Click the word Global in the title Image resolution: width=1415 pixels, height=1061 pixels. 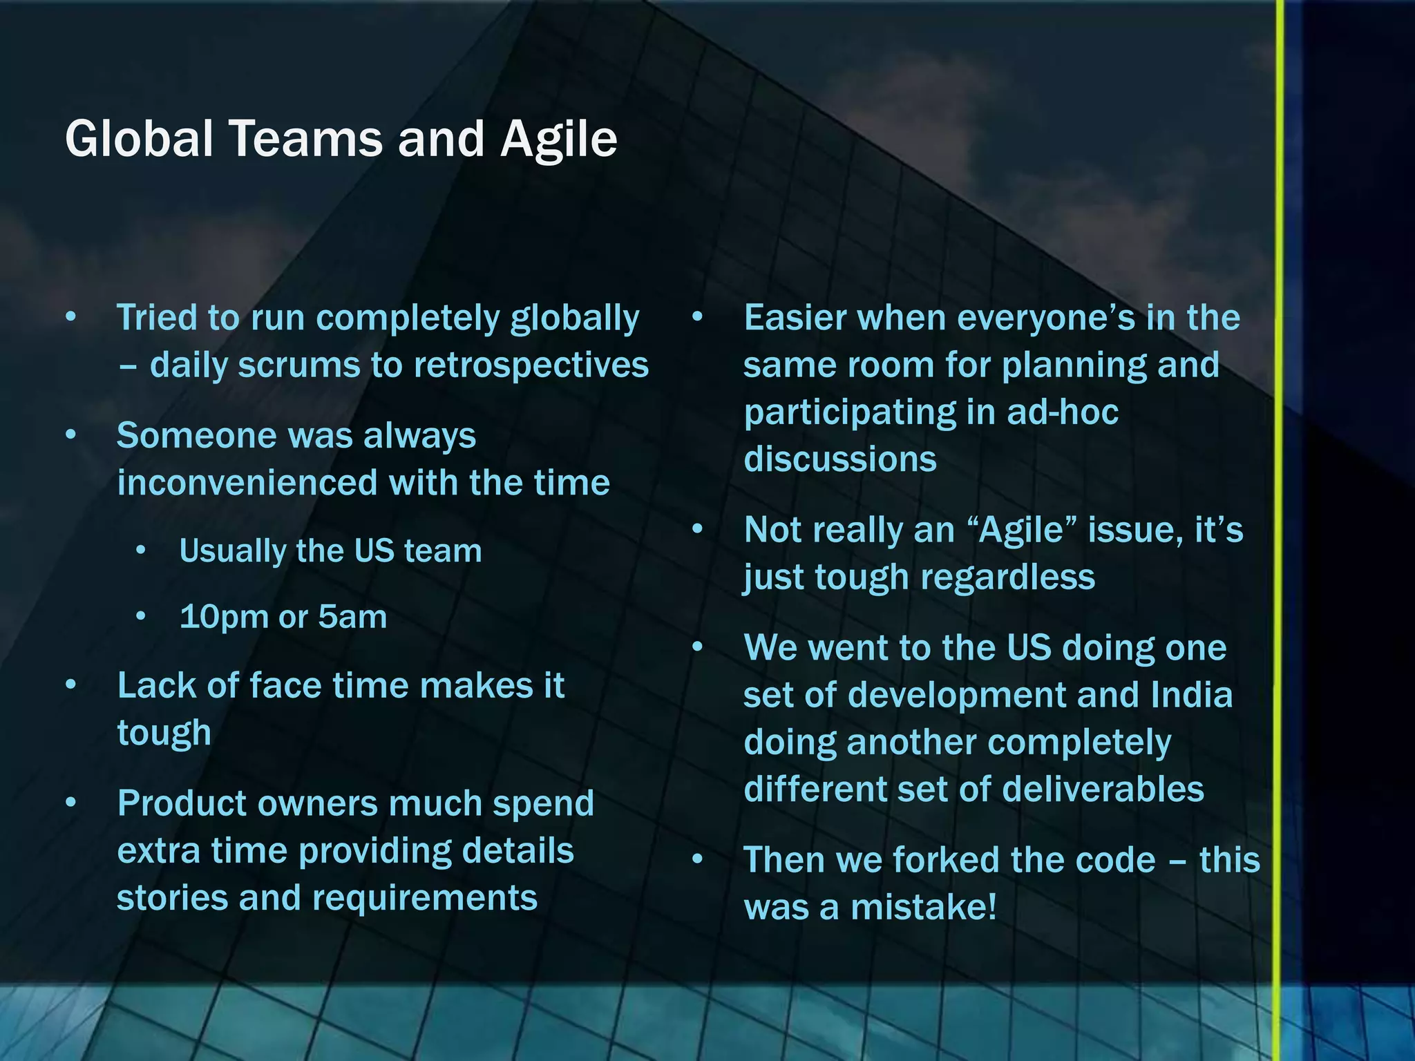[138, 139]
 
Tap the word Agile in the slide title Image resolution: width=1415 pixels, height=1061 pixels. [558, 140]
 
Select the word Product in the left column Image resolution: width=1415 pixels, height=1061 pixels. [182, 804]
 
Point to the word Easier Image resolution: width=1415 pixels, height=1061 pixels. [795, 318]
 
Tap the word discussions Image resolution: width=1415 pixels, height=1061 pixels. [839, 459]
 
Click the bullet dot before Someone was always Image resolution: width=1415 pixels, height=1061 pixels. [70, 436]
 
